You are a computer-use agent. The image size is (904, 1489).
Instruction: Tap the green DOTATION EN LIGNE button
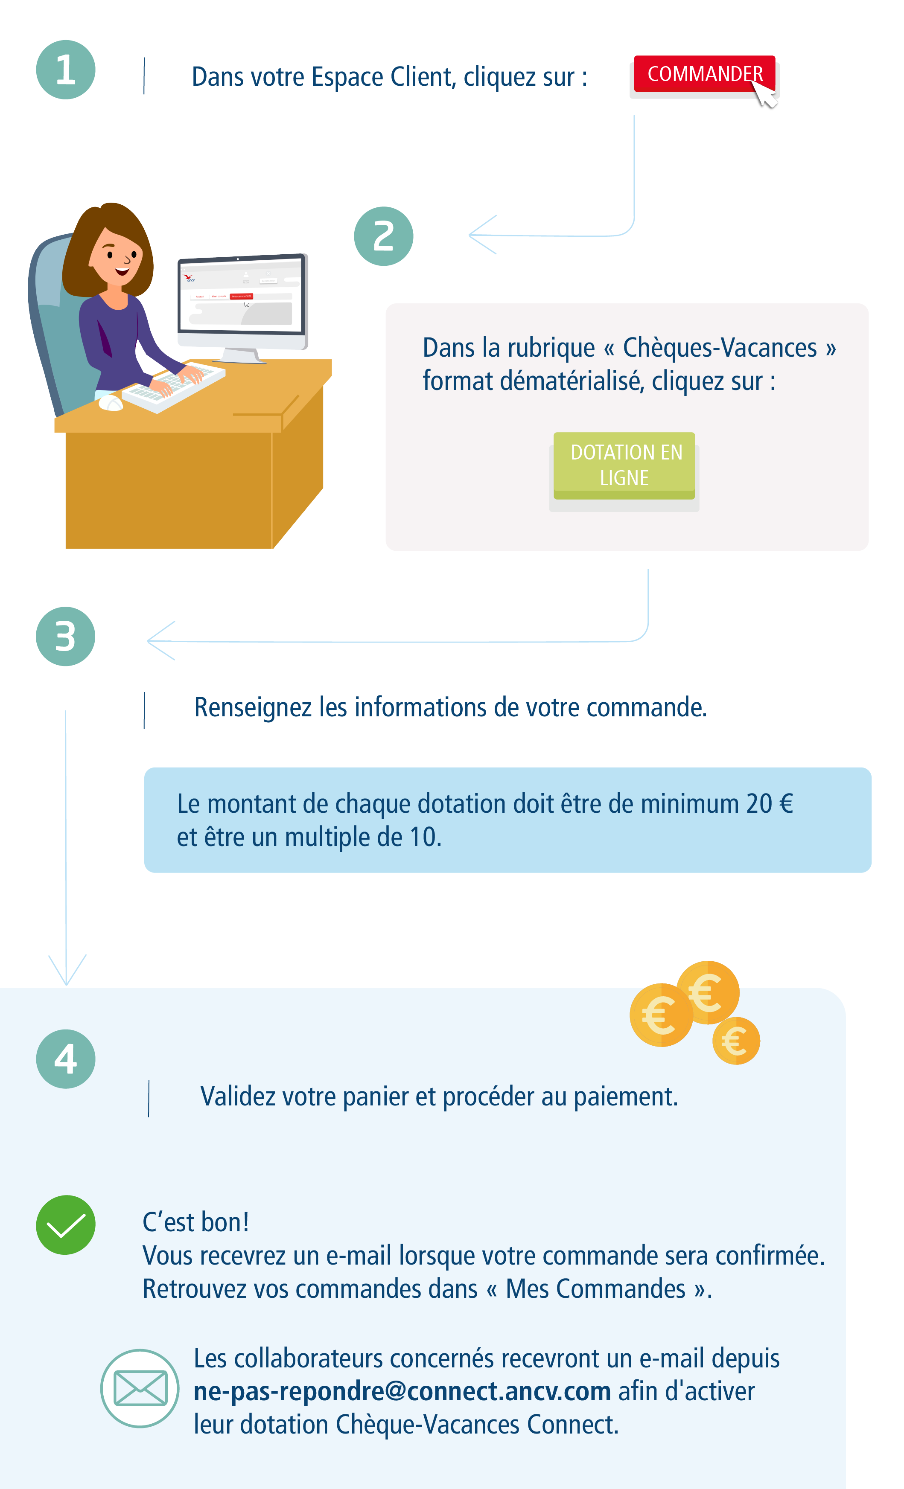point(624,465)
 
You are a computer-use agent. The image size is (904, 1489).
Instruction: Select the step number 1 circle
point(65,70)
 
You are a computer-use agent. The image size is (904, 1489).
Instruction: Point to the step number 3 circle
point(65,636)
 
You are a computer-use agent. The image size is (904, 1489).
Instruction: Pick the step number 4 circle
point(65,1059)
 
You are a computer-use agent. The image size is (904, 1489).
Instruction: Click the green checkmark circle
point(65,1224)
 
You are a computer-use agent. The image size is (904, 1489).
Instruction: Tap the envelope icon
point(140,1388)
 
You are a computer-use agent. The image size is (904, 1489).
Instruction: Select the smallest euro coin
point(735,1041)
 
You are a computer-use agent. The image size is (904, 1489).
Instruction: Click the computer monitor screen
point(241,294)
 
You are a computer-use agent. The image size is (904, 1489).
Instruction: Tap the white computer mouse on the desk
point(110,403)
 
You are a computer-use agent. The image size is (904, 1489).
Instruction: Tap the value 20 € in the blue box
point(769,804)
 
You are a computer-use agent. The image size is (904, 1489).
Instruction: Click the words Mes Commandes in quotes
point(595,1288)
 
